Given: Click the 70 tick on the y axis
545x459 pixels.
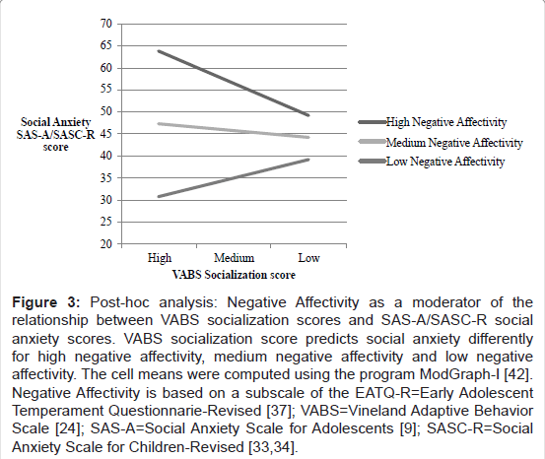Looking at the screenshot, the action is coord(106,24).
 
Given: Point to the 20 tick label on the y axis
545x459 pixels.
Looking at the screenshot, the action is coord(106,244).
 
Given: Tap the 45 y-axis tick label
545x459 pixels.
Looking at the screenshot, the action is coord(106,134).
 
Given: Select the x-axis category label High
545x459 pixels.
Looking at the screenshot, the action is coord(160,258).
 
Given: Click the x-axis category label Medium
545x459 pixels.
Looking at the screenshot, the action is coord(234,258).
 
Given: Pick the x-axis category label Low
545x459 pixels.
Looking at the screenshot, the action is coord(308,258).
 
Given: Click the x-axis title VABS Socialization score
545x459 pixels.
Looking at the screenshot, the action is coord(234,275).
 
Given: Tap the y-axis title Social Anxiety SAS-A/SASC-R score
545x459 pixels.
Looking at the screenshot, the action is coord(55,134).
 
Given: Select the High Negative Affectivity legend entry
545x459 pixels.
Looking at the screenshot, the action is coord(433,122).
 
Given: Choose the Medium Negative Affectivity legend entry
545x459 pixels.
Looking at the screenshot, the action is coord(441,142).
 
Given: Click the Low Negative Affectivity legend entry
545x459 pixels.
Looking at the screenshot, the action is coord(432,162).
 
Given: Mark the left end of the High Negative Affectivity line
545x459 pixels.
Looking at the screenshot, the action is coord(159,51).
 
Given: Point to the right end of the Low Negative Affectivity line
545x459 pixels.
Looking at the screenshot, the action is coord(308,160).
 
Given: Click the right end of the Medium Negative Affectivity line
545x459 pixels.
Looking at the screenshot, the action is coord(308,137).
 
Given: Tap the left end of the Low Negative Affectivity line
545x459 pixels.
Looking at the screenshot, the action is coord(159,197).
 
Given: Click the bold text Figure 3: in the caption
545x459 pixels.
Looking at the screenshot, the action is coord(46,302).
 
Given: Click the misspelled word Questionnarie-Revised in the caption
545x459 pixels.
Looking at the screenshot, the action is coord(185,411).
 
